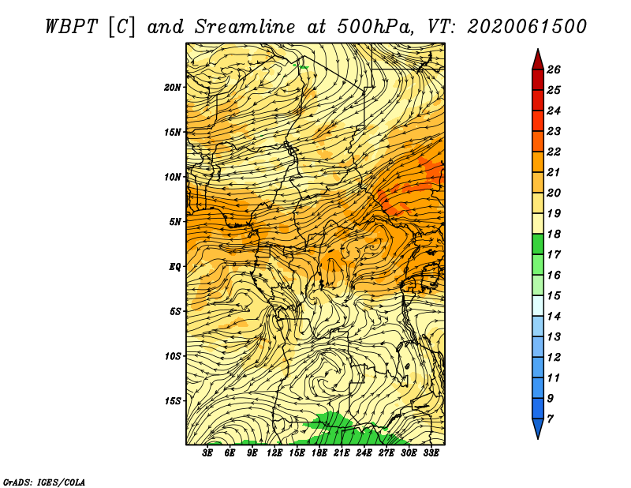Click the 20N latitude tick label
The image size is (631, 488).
click(x=173, y=88)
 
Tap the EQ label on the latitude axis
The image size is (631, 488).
click(x=175, y=267)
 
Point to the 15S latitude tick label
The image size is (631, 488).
click(x=173, y=401)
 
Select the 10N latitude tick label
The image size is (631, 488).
click(x=173, y=177)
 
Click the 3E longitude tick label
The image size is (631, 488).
click(x=207, y=453)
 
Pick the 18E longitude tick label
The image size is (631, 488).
click(x=319, y=453)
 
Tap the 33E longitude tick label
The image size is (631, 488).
click(x=431, y=453)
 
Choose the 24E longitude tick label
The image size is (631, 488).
click(x=364, y=453)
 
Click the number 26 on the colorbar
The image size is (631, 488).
click(x=554, y=69)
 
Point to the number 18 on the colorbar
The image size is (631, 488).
click(x=554, y=234)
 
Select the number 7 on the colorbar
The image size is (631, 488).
click(x=551, y=419)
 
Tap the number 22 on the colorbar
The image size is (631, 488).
click(x=554, y=152)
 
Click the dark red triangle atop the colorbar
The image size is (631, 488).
click(x=538, y=61)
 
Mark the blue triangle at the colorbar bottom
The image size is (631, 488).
click(x=538, y=427)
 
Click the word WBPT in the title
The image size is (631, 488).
click(x=71, y=27)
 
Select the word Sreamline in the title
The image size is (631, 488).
click(x=245, y=27)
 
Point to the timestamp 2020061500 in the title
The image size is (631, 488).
click(x=527, y=27)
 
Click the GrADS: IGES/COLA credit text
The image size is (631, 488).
click(x=44, y=482)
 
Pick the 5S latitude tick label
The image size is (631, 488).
click(x=175, y=311)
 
